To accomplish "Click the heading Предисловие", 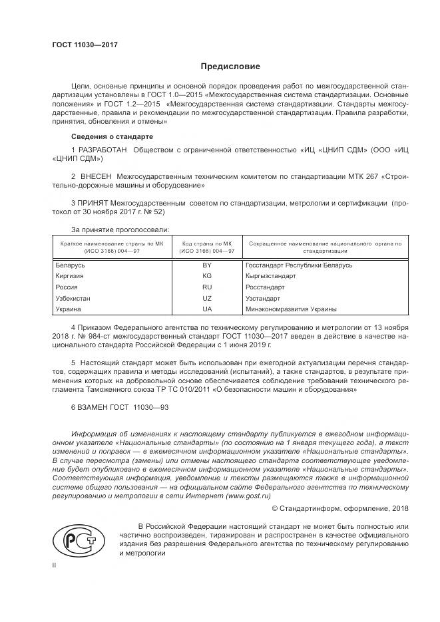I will pyautogui.click(x=230, y=67).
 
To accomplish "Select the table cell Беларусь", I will pyautogui.click(x=70, y=265).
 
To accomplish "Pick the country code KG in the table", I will pyautogui.click(x=206, y=275).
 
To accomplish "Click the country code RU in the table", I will pyautogui.click(x=206, y=287).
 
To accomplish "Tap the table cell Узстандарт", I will pyautogui.click(x=264, y=298).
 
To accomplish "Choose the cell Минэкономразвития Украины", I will pyautogui.click(x=290, y=309).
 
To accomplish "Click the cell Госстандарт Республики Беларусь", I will pyautogui.click(x=298, y=265).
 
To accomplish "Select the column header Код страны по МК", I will pyautogui.click(x=206, y=244).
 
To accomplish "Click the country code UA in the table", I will pyautogui.click(x=206, y=309).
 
